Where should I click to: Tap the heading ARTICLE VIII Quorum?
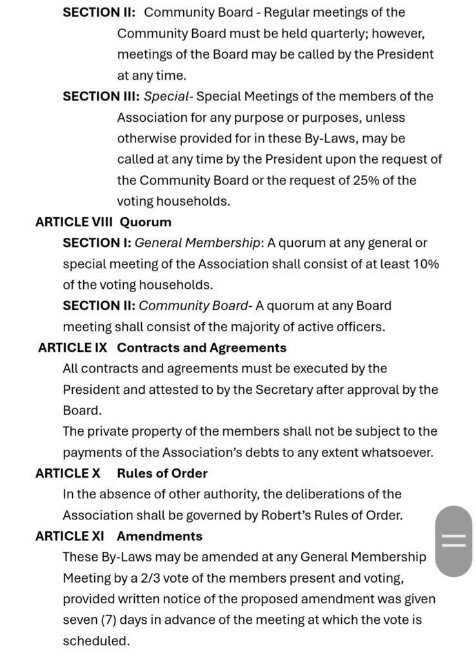(103, 222)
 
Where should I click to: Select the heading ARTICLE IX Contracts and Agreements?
(163, 347)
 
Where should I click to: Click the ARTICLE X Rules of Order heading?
(121, 473)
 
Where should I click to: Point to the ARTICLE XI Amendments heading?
(119, 536)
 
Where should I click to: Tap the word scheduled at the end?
(95, 641)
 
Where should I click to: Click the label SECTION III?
(101, 97)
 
